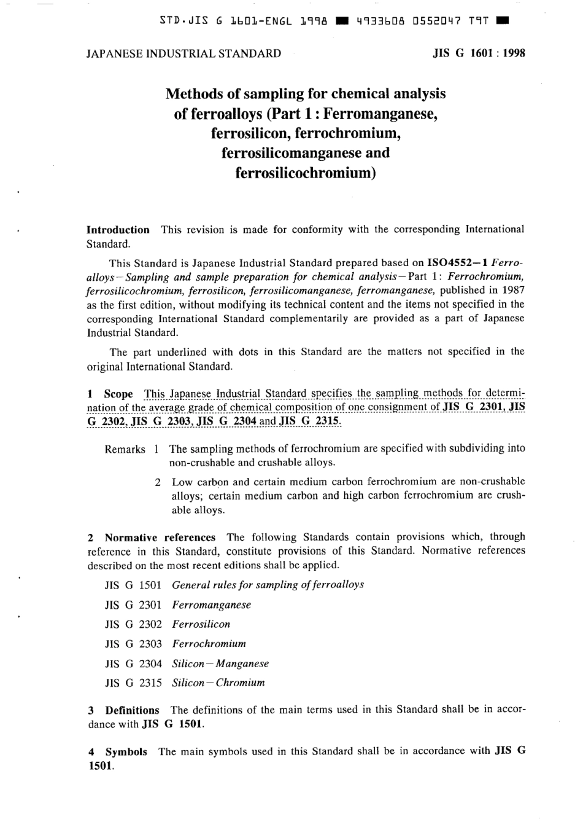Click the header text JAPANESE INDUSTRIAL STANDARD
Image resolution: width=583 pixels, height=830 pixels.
183,53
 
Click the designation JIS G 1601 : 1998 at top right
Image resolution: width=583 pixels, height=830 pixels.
479,53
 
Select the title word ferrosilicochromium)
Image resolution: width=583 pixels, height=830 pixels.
305,173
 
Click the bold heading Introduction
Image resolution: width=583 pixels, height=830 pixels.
118,230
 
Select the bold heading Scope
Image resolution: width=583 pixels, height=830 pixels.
118,394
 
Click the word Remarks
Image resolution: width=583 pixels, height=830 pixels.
125,449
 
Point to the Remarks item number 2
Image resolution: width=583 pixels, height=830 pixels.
158,482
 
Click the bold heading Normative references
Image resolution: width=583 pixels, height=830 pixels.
160,538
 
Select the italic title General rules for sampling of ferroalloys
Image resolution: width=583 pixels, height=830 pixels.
268,585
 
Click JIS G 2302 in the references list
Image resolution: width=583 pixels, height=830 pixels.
133,624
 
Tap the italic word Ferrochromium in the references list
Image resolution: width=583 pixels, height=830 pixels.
209,644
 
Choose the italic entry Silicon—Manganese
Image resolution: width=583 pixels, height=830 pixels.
220,664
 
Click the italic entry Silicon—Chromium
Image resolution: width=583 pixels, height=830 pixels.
218,683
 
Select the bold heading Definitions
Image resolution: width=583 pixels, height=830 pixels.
132,710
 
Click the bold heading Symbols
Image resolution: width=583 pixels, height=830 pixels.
126,751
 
